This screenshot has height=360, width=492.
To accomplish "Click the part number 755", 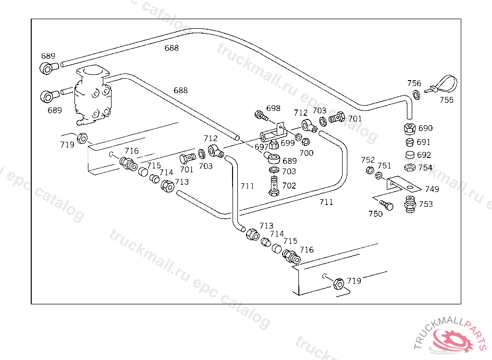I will pyautogui.click(x=446, y=100).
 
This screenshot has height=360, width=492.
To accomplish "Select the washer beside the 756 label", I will pyautogui.click(x=416, y=95).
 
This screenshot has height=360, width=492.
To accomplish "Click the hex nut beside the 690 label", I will pyautogui.click(x=409, y=129).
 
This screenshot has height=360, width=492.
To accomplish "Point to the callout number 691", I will pyautogui.click(x=424, y=142).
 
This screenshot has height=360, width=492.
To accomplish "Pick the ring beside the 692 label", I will pyautogui.click(x=409, y=155).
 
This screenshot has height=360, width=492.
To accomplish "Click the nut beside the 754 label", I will pyautogui.click(x=409, y=167).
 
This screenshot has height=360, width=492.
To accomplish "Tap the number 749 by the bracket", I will pyautogui.click(x=431, y=189).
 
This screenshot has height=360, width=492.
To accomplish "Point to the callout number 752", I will pyautogui.click(x=368, y=160).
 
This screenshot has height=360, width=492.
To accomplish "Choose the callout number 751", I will pyautogui.click(x=384, y=166).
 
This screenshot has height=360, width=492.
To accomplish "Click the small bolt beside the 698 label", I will pyautogui.click(x=260, y=116).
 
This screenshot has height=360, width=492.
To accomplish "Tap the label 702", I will pyautogui.click(x=289, y=185).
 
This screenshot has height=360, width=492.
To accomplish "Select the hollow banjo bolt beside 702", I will pyautogui.click(x=274, y=185).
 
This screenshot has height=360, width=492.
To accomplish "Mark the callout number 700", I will pyautogui.click(x=306, y=153).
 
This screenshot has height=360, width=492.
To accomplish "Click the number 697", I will pyautogui.click(x=261, y=146).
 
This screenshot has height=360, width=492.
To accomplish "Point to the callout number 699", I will pyautogui.click(x=287, y=143).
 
